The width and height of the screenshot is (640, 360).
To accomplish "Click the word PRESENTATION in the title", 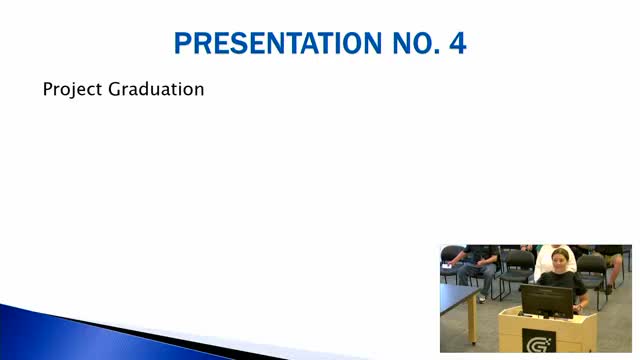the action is tap(278, 43).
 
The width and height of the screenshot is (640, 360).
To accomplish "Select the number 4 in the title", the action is tap(458, 43).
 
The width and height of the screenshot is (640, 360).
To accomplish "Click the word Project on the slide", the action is tap(72, 89).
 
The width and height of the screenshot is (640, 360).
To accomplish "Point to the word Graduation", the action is tap(156, 89).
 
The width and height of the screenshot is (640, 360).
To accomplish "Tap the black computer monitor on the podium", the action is tap(547, 301).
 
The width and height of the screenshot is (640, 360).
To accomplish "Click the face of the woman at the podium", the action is tap(560, 260).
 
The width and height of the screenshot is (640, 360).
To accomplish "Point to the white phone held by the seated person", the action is tap(447, 266).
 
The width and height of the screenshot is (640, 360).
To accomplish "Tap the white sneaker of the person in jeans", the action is tap(482, 299).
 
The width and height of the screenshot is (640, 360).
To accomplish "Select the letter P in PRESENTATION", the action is tap(183, 43).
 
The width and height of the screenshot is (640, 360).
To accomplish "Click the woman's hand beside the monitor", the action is tap(578, 308).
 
